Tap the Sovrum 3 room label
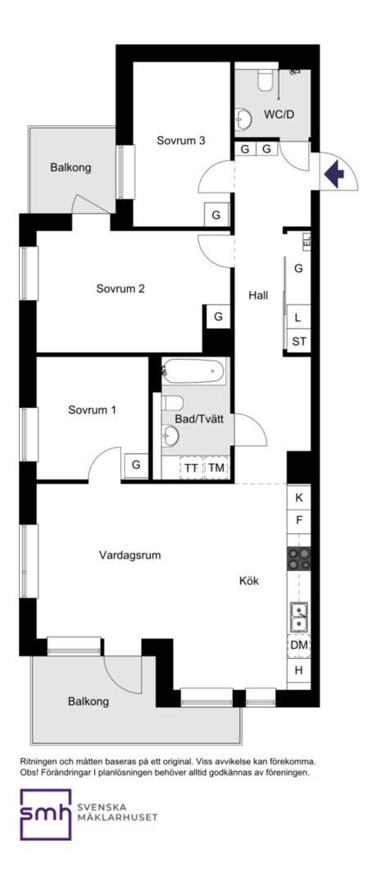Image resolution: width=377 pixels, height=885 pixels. tap(180, 141)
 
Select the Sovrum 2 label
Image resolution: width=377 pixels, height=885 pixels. tap(120, 289)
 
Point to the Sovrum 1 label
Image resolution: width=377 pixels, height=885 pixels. tap(92, 410)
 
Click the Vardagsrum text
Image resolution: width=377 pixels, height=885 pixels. tap(129, 555)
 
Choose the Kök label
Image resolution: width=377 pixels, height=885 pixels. tap(249, 581)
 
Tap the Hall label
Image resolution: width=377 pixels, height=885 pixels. tap(258, 295)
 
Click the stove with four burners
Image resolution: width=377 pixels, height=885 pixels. tap(299, 559)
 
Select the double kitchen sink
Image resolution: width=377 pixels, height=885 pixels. tap(299, 616)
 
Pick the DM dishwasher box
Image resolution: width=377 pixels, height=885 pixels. tap(299, 646)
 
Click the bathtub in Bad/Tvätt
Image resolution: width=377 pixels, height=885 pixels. tap(193, 371)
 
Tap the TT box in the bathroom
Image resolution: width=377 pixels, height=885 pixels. tap(191, 467)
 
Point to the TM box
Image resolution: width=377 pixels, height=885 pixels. tap(216, 467)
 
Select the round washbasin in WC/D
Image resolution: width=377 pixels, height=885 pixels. tap(243, 119)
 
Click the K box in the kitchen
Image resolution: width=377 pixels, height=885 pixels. tap(299, 498)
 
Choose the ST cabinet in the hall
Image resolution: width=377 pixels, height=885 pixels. tap(299, 341)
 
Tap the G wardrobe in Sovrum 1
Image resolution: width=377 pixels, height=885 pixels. tap(136, 465)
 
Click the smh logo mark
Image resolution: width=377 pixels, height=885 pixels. tap(46, 815)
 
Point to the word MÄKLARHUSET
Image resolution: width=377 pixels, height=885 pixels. tap(117, 817)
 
